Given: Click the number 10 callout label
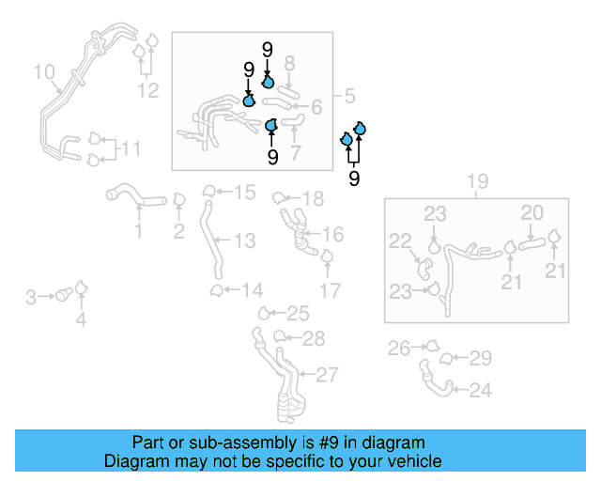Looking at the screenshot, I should (x=44, y=71).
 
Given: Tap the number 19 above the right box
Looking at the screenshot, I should (x=477, y=181).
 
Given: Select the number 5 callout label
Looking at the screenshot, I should (x=348, y=96).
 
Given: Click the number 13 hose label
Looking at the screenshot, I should (x=244, y=241).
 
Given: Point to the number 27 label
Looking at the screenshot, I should (x=326, y=376).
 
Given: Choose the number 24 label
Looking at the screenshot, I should (x=480, y=390).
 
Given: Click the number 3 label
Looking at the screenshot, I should (x=31, y=298).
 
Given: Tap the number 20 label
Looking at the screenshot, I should (x=532, y=213).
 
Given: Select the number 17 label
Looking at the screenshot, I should (x=330, y=291).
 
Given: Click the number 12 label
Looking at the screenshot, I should (x=148, y=90).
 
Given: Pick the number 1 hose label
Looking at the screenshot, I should (x=138, y=231).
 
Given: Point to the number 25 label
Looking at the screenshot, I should (x=298, y=314).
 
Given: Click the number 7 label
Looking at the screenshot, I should (x=296, y=152).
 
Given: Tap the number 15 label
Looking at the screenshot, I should (x=244, y=193).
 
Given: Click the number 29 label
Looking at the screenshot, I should (x=481, y=358).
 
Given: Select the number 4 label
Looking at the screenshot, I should (x=81, y=320).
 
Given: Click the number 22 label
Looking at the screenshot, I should (x=401, y=240).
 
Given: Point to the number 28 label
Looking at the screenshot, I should (x=314, y=338).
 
